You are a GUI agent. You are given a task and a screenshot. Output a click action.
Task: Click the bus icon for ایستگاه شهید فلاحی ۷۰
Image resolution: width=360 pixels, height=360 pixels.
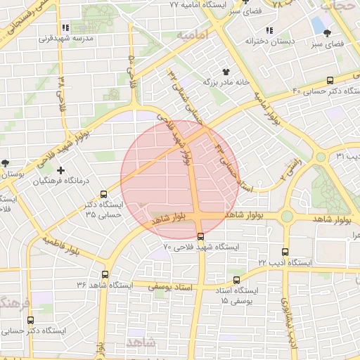[201, 236]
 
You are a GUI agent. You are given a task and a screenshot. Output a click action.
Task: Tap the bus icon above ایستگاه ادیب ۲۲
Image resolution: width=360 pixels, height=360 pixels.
[285, 252]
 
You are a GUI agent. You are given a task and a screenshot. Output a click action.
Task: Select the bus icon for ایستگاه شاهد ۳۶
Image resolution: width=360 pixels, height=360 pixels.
[105, 274]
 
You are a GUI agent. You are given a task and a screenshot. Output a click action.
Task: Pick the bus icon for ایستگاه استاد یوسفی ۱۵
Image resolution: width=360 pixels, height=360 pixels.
[236, 280]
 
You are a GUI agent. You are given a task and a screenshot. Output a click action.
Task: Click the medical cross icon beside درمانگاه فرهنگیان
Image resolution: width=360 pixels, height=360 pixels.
[62, 170]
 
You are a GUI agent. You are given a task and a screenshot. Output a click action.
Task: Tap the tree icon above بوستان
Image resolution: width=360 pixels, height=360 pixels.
[5, 162]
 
